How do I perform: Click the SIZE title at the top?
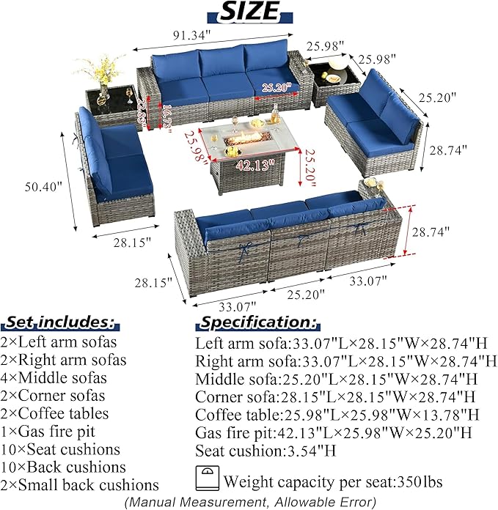pos(249,12)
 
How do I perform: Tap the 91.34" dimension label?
pos(191,34)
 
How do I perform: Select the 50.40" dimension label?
pos(43,187)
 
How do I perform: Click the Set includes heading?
pos(60,322)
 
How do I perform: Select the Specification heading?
pos(257,322)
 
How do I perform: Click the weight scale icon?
pos(207,478)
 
